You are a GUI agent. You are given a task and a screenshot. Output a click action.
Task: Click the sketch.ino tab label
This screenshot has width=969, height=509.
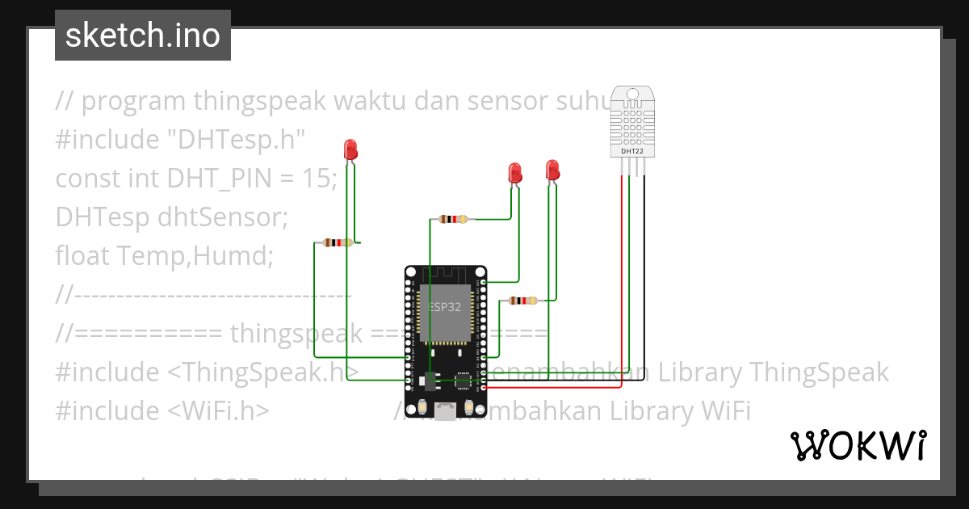click(x=143, y=36)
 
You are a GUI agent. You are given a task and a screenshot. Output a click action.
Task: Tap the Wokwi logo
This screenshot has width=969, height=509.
click(x=858, y=446)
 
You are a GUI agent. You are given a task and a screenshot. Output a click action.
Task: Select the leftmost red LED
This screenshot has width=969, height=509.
click(x=350, y=149)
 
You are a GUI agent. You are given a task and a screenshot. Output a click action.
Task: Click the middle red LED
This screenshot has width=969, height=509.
click(x=514, y=173)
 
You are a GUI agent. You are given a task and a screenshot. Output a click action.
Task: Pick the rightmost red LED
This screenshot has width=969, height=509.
click(x=552, y=170)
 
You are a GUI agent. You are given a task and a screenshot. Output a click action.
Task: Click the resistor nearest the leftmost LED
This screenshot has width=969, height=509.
click(x=337, y=242)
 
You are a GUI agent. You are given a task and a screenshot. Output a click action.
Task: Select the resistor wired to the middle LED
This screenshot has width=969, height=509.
click(x=452, y=218)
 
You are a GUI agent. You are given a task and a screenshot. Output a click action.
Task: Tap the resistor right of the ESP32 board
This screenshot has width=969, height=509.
click(x=523, y=301)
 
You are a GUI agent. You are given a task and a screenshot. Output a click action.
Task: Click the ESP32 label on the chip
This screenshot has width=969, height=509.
click(x=445, y=307)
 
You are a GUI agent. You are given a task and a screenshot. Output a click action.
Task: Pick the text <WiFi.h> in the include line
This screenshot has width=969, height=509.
click(x=219, y=411)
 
